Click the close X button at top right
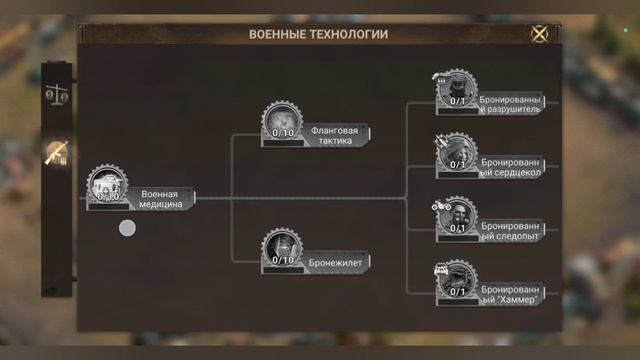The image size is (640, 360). coord(539,33)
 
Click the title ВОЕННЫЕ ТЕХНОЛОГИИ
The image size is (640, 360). coord(318,34)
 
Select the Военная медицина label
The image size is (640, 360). coord(160,199)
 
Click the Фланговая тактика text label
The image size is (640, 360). coord(336,134)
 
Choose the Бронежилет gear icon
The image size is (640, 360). coord(283,247)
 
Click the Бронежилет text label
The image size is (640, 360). coord(338,261)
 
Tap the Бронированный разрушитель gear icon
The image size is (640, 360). coord(457,88)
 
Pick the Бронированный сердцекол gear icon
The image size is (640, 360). coord(457,151)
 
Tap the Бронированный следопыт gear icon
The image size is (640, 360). coord(457,214)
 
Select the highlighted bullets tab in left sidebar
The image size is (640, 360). coord(56,154)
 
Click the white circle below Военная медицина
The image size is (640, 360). coord(127,228)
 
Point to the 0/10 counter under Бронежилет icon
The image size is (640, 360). coord(283,261)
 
